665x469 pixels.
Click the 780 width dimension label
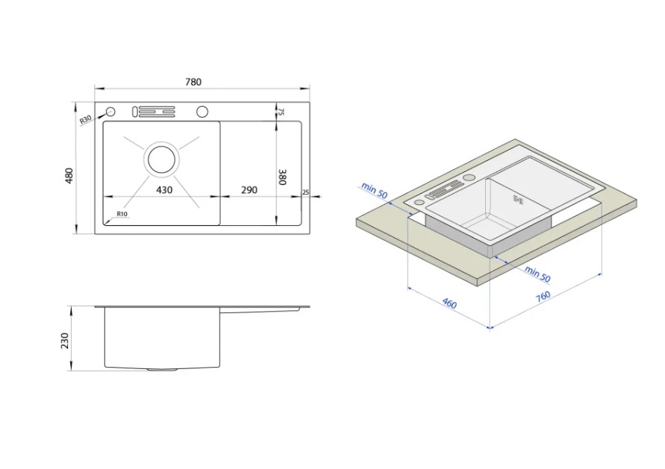(193, 82)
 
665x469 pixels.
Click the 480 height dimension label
(69, 175)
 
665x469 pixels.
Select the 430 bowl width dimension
(164, 190)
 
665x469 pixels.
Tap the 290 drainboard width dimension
(249, 190)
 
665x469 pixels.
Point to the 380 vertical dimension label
(282, 177)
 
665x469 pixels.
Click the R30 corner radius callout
(86, 120)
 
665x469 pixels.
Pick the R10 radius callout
(122, 214)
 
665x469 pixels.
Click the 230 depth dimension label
(64, 341)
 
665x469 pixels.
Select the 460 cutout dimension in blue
(449, 303)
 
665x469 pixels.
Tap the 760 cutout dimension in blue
(543, 296)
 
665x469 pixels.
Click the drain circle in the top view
(161, 159)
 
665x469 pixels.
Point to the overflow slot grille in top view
(154, 111)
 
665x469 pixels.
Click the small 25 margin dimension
(305, 192)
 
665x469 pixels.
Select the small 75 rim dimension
(281, 112)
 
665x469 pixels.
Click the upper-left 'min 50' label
(374, 190)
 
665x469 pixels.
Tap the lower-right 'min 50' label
(537, 274)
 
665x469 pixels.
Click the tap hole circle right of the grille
(202, 111)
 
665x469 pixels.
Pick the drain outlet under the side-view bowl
(162, 370)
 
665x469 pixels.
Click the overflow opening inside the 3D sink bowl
(518, 199)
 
